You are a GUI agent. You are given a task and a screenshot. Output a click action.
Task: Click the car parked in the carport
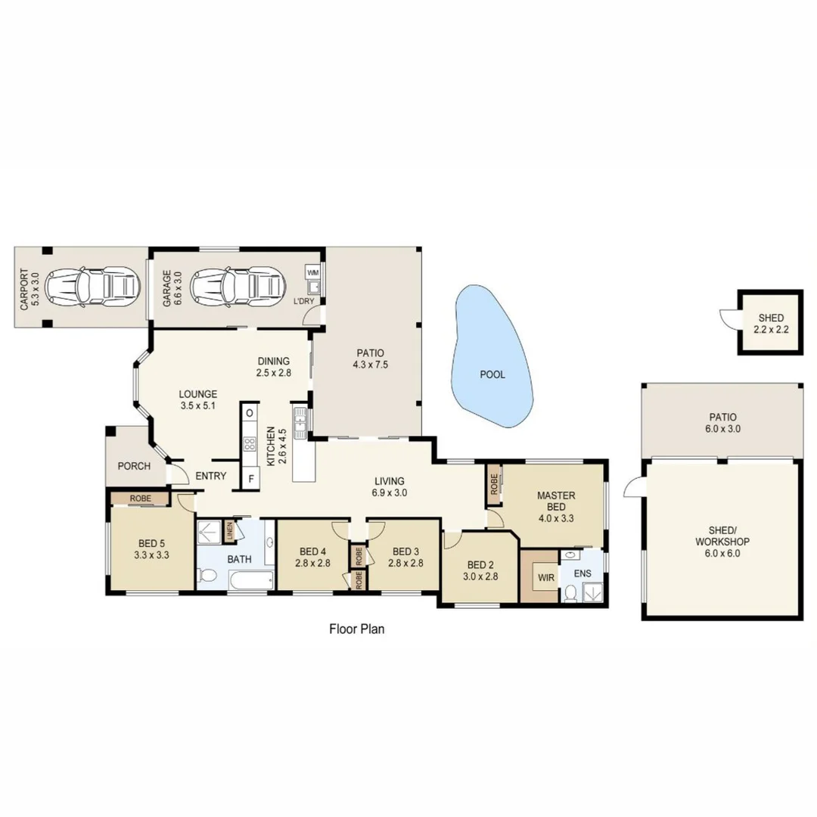coord(93,286)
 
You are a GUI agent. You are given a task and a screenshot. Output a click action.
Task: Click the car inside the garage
coord(238,286)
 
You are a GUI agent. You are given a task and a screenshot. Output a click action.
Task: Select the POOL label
coord(492,374)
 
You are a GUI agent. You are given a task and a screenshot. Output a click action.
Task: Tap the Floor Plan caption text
coord(357,629)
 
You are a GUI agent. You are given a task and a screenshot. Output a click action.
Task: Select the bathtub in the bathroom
coord(250,582)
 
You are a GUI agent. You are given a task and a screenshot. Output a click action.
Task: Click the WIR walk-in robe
coord(545,577)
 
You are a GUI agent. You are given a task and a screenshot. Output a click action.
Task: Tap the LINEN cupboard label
coord(229,532)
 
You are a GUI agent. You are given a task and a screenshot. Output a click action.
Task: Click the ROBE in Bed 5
coord(141,499)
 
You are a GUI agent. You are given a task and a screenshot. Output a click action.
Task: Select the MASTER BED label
coord(556,502)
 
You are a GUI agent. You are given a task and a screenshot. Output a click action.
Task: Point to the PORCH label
coord(134,466)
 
